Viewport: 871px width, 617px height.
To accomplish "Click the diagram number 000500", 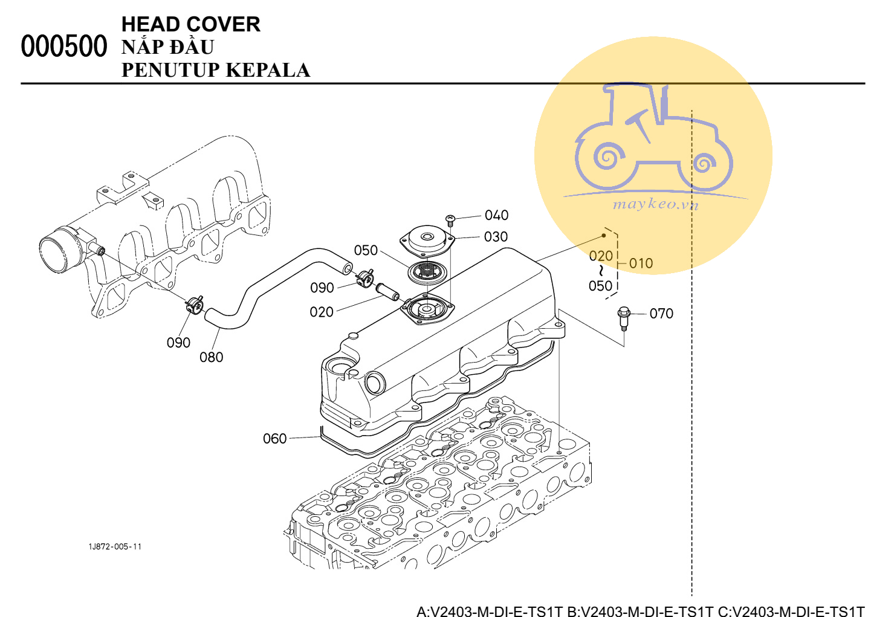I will (x=63, y=47).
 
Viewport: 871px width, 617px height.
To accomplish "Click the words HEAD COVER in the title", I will (x=190, y=24).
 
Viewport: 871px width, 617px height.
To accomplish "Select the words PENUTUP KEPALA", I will (x=215, y=70).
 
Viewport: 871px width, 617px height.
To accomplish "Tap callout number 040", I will (x=496, y=215).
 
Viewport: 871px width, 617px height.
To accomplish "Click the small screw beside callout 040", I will (x=450, y=220).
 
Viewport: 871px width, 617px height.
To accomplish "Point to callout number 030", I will (x=496, y=237).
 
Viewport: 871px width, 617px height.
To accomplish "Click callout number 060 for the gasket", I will (x=274, y=439).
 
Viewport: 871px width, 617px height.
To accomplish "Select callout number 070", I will (x=661, y=314).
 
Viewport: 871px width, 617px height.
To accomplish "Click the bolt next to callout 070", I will (x=624, y=318).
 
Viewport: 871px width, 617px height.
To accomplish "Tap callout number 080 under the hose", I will (x=211, y=357).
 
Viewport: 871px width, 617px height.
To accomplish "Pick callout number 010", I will (x=641, y=263).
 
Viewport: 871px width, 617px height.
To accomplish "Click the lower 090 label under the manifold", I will (x=178, y=343).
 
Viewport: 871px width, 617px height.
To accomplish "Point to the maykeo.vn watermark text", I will (x=656, y=204).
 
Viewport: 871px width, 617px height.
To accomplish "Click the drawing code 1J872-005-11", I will (x=115, y=547).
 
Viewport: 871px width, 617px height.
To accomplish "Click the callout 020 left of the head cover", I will (x=321, y=312).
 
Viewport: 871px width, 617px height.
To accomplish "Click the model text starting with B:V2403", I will (x=640, y=611).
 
